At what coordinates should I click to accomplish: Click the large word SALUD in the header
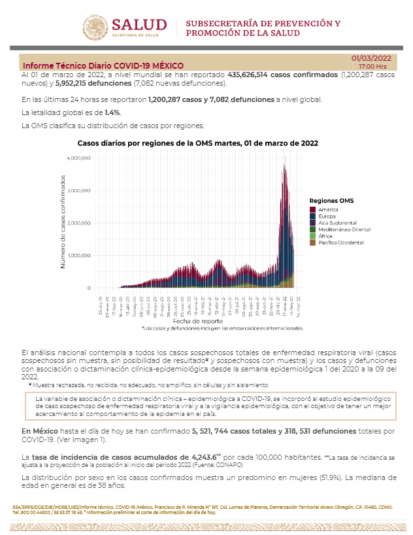tap(139, 24)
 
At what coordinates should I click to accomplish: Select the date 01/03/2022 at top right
tap(372, 58)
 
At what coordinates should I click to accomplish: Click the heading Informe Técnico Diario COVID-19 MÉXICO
tap(103, 66)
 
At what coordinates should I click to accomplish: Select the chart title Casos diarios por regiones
tap(197, 143)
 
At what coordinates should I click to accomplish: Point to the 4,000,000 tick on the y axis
tap(78, 158)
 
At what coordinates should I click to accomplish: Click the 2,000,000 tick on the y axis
tap(78, 223)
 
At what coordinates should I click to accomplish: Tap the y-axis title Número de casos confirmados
tap(63, 222)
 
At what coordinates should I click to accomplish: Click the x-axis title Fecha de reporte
tap(194, 322)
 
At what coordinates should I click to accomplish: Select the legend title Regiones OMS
tap(331, 200)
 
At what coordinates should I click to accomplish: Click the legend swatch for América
tap(313, 209)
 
